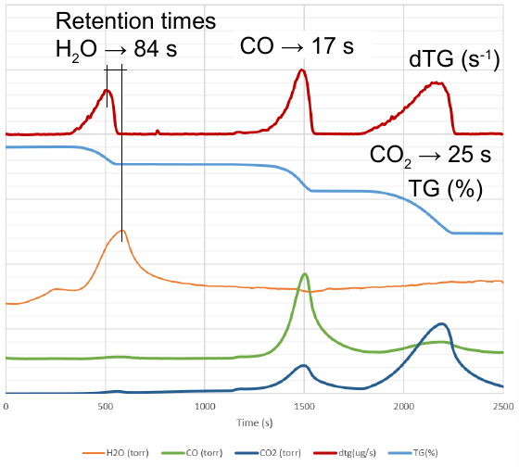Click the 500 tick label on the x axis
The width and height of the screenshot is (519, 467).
(106, 406)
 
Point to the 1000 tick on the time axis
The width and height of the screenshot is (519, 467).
(205, 406)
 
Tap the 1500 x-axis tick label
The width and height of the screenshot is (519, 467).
(305, 406)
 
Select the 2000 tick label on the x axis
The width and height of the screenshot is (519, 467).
(404, 406)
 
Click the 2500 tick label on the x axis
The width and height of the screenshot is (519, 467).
(503, 406)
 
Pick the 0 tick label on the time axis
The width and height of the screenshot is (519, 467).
(6, 406)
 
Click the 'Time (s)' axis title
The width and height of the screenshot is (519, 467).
(254, 423)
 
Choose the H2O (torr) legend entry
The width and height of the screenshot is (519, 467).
(116, 453)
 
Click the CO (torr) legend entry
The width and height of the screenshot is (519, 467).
(192, 453)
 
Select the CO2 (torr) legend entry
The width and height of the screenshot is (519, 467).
(268, 453)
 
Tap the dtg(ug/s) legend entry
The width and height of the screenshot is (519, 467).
(345, 453)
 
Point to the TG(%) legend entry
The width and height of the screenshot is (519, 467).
(412, 453)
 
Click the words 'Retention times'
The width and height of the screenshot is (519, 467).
(135, 21)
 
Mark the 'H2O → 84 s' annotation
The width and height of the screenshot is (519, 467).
(116, 50)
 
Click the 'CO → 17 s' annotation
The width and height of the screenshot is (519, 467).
(297, 46)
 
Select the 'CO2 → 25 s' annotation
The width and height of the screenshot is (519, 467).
(430, 156)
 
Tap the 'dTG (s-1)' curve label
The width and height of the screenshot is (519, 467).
(454, 60)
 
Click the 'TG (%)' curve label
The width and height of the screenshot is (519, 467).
(446, 190)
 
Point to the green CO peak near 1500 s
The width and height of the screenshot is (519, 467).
(305, 273)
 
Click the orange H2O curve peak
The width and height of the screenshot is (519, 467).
(122, 231)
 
